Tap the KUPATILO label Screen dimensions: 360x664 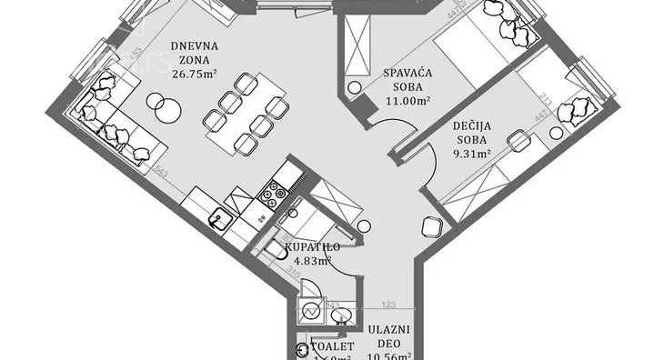pyautogui.click(x=312, y=247)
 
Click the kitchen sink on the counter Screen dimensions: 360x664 pyautogui.click(x=219, y=219)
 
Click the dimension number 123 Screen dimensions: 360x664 pyautogui.click(x=389, y=305)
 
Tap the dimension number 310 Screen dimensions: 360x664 pyautogui.click(x=292, y=271)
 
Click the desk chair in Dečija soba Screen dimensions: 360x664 pyautogui.click(x=518, y=141)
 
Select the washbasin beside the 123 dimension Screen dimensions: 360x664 pyautogui.click(x=341, y=315)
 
